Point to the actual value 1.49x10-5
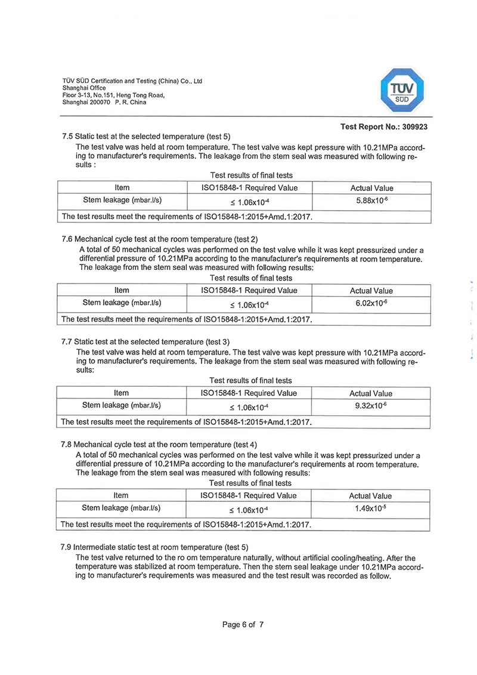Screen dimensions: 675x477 tap(370, 508)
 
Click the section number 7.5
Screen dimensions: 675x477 tap(67, 135)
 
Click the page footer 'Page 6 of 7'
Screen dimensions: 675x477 tap(243, 624)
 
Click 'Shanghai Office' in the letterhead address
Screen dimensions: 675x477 tap(84, 88)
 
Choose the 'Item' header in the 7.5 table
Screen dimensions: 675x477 tap(122, 188)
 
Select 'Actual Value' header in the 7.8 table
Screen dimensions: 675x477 tap(370, 496)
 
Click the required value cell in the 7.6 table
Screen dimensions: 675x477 tap(250, 305)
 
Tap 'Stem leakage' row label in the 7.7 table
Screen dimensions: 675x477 tap(122, 406)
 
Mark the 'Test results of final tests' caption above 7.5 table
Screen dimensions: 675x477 tap(251, 175)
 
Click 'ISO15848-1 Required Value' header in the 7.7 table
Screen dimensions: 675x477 tap(250, 393)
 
